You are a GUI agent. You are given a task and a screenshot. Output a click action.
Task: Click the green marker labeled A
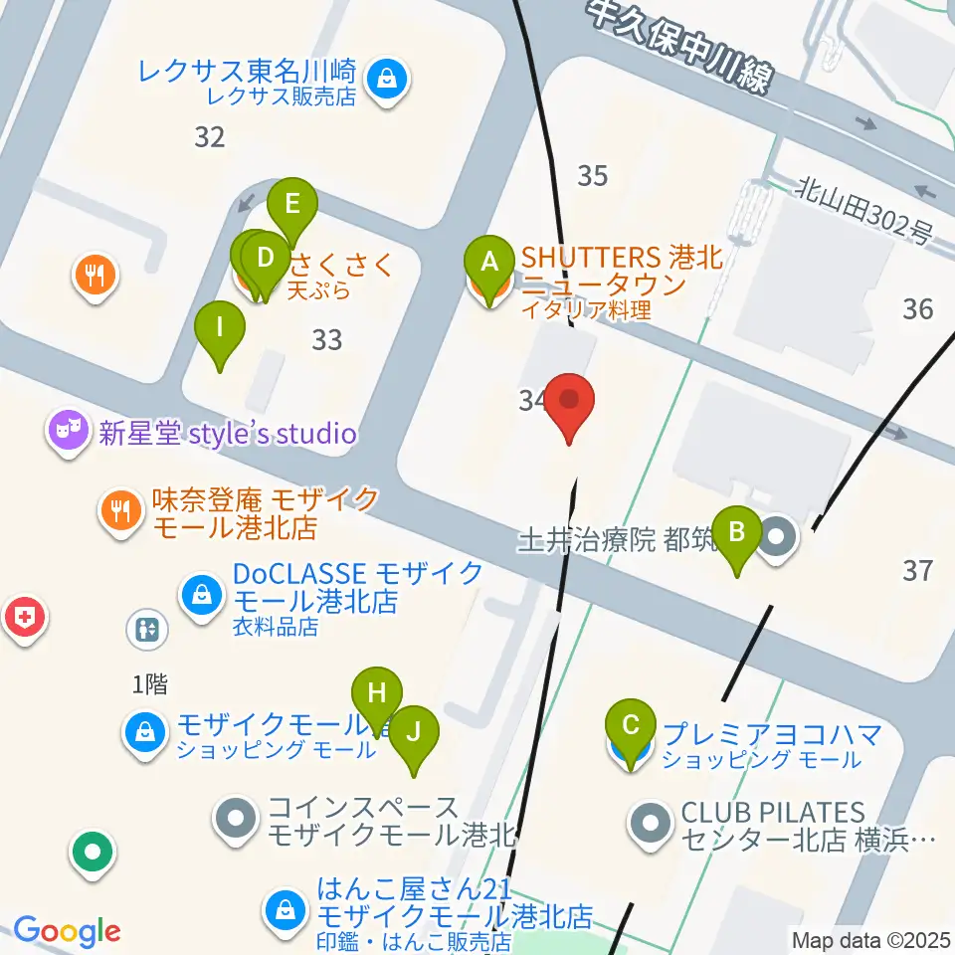pyautogui.click(x=488, y=263)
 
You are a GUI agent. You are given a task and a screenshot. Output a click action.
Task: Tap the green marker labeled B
pyautogui.click(x=737, y=531)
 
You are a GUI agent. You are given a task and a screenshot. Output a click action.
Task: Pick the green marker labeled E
pyautogui.click(x=292, y=205)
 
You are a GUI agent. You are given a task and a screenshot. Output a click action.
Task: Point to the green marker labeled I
pyautogui.click(x=219, y=327)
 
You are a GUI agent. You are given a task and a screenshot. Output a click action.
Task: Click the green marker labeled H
pyautogui.click(x=376, y=694)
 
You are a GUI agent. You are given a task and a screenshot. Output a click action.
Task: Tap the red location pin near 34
pyautogui.click(x=570, y=402)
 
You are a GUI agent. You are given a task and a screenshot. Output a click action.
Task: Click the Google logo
pyautogui.click(x=67, y=931)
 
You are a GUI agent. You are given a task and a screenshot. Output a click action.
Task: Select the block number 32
pyautogui.click(x=209, y=137)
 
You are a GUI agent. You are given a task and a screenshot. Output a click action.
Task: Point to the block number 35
pyautogui.click(x=592, y=176)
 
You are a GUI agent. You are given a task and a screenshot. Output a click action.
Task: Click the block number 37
pyautogui.click(x=917, y=570)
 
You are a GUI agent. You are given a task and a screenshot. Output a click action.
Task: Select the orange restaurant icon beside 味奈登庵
pyautogui.click(x=121, y=511)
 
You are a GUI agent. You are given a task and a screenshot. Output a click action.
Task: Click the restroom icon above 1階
pyautogui.click(x=147, y=629)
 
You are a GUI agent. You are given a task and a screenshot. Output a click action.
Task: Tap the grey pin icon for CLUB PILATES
pyautogui.click(x=653, y=824)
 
